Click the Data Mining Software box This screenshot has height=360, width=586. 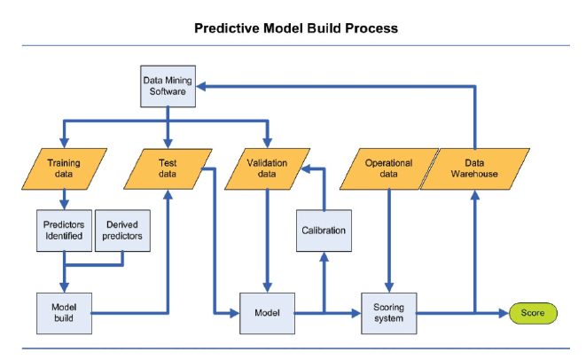click(168, 85)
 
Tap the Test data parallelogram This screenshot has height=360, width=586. click(168, 168)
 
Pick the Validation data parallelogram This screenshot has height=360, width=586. click(269, 168)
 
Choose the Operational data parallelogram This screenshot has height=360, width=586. click(388, 168)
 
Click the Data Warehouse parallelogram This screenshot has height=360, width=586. click(474, 168)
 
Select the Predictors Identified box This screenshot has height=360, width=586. click(63, 230)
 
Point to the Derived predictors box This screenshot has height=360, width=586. click(121, 230)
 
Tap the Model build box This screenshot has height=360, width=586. click(63, 312)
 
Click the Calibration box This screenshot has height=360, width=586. click(324, 231)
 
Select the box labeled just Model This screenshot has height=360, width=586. click(267, 312)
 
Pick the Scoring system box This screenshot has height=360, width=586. click(388, 312)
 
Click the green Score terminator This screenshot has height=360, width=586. click(533, 312)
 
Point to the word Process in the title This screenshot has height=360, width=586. click(371, 27)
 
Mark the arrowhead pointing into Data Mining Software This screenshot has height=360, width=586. click(203, 86)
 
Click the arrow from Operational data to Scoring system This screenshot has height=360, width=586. click(388, 239)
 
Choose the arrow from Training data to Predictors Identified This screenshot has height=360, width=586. click(64, 199)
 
